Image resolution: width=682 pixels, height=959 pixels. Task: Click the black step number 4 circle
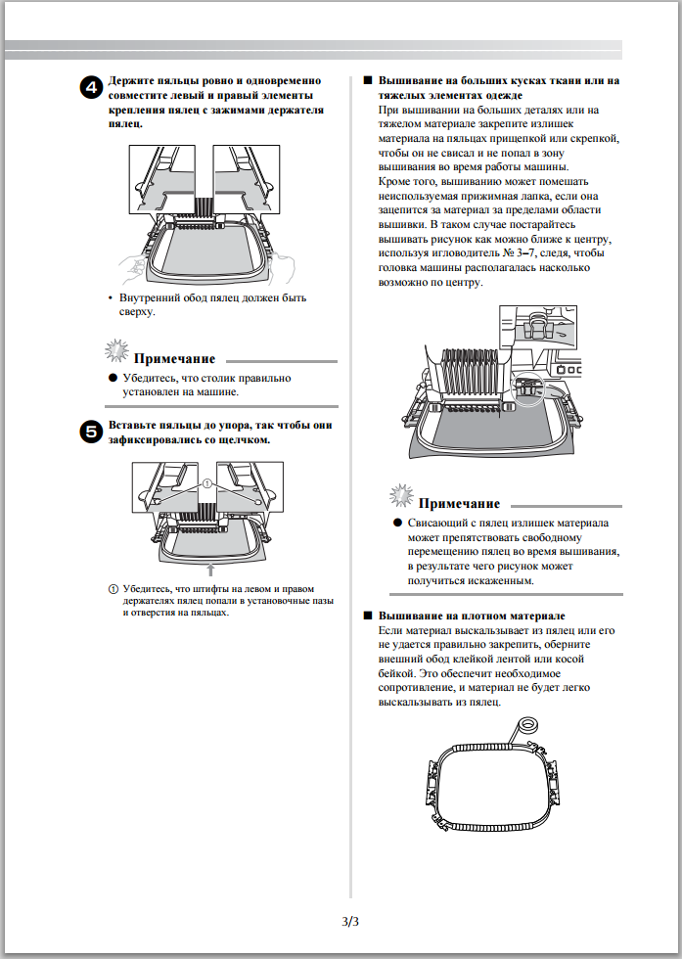90,88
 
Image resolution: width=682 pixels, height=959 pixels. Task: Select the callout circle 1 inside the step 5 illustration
206,482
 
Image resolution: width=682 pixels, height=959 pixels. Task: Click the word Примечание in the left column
173,358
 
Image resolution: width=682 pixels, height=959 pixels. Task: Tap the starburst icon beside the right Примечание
400,495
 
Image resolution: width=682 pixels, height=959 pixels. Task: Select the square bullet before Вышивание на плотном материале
367,616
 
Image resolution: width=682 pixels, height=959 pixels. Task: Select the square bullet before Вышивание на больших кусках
367,80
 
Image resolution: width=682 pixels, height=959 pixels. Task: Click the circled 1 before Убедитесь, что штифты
113,589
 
